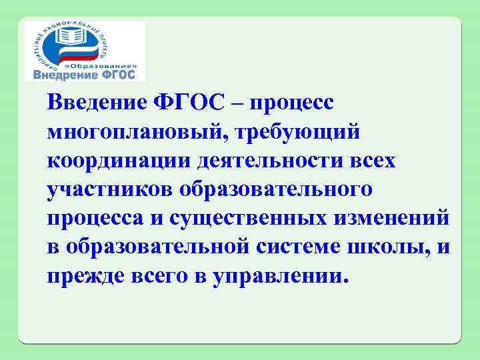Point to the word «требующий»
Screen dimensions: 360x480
(x=306, y=131)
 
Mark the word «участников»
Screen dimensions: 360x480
(x=109, y=189)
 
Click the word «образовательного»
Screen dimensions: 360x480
(x=276, y=189)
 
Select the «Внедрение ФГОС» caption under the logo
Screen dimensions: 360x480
(x=84, y=75)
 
